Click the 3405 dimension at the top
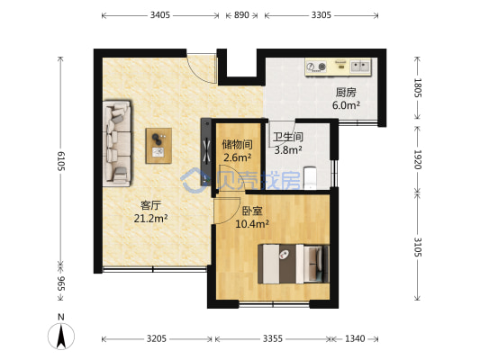(x=159, y=15)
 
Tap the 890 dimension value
(x=241, y=15)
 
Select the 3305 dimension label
(x=322, y=15)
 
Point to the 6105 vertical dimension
(x=60, y=161)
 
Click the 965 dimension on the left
(x=60, y=283)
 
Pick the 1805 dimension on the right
(x=418, y=88)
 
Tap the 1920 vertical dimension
(x=418, y=159)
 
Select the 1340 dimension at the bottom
(x=355, y=338)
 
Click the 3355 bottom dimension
(x=273, y=338)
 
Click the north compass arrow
(x=61, y=336)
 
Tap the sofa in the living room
(x=117, y=143)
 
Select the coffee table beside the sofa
(x=158, y=146)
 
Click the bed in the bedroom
(x=294, y=264)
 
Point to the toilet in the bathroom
(x=310, y=177)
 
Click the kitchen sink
(x=360, y=66)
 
